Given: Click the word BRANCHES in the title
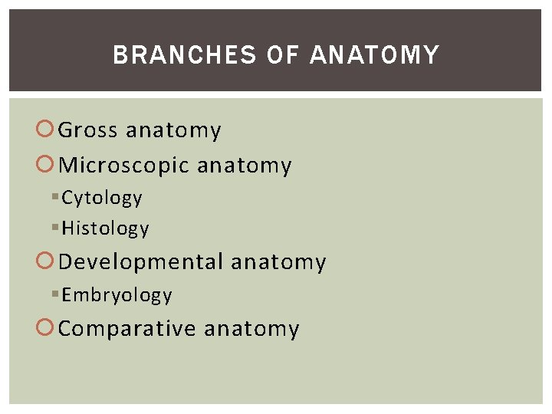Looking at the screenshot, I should [x=185, y=55].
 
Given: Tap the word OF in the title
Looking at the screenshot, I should [x=283, y=55].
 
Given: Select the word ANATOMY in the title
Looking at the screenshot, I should [x=374, y=55].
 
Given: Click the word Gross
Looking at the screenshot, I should [x=88, y=130].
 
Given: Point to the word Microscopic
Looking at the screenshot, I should [x=123, y=166].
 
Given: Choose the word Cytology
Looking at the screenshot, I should [x=102, y=198].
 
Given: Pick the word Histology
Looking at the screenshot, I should [x=105, y=228].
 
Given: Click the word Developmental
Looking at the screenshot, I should [x=141, y=262].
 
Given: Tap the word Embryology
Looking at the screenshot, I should [x=117, y=295].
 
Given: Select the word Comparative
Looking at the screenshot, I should [x=127, y=329].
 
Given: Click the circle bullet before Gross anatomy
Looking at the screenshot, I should [x=47, y=130].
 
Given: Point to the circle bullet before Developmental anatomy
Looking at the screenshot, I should [x=47, y=262].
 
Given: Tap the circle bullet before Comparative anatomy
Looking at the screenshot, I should [x=47, y=329].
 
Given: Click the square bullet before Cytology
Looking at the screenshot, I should [x=55, y=198].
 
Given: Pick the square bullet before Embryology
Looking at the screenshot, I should [x=55, y=295].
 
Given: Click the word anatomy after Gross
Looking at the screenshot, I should [x=173, y=131].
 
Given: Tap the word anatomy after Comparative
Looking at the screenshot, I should [x=251, y=330].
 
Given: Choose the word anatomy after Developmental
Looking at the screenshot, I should [x=278, y=263].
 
